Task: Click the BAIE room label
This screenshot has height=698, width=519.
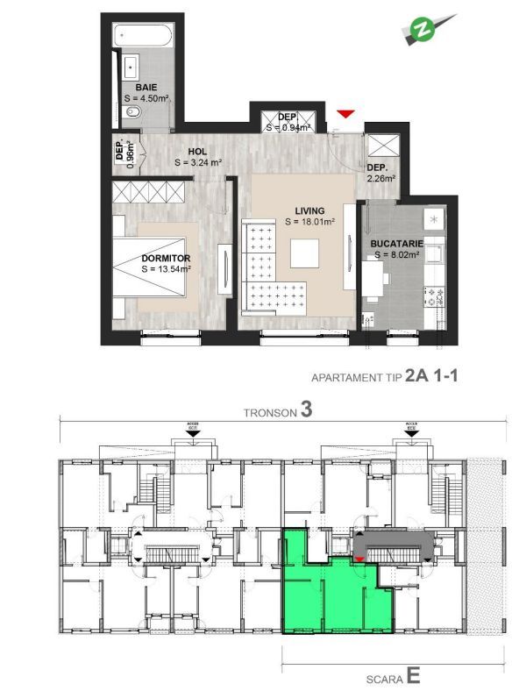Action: tap(146, 88)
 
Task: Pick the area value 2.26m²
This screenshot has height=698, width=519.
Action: tap(381, 178)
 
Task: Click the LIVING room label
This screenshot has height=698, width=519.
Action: tap(309, 210)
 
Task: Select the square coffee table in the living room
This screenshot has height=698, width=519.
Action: tap(307, 253)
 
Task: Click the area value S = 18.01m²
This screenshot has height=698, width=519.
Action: tap(312, 223)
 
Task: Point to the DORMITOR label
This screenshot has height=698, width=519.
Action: tap(166, 258)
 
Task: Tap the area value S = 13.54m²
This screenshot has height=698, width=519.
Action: tap(166, 269)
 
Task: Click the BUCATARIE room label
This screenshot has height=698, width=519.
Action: tap(397, 243)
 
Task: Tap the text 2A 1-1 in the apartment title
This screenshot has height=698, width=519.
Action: tap(433, 376)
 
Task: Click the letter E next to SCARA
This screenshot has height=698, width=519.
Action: tap(413, 676)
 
